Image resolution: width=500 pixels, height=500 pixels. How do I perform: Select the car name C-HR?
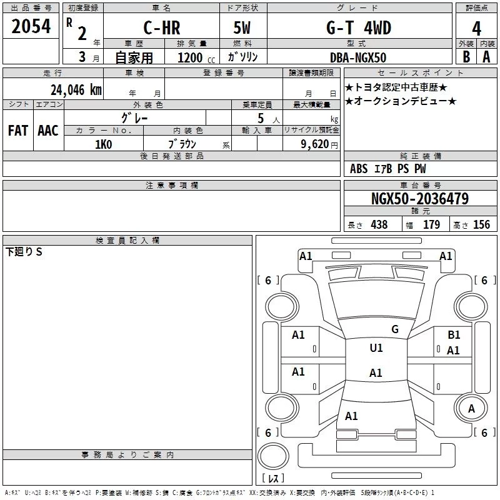coord(161,27)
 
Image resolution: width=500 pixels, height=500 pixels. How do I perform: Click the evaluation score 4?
coord(477,28)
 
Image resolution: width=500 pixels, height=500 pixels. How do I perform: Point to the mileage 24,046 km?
coord(76,89)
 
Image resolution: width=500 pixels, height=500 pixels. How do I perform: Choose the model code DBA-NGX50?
coord(358,57)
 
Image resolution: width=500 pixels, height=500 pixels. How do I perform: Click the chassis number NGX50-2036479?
coord(419,199)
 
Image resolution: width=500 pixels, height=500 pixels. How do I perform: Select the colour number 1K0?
coord(103,144)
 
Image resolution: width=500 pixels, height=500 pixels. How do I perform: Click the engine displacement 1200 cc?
coord(191,57)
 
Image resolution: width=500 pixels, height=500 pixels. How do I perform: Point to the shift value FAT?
coord(17,131)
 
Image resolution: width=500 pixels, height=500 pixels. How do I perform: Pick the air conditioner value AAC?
coord(47,131)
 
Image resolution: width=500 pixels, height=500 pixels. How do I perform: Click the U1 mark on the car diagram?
coord(376,348)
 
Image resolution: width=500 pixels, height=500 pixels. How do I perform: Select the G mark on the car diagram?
coord(394,329)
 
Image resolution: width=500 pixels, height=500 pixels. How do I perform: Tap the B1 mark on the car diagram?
coord(454,335)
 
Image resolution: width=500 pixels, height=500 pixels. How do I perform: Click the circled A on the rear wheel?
coord(472,408)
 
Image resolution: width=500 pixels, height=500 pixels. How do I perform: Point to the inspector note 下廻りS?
coord(24,252)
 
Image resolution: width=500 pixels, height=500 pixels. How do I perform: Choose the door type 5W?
coord(243,27)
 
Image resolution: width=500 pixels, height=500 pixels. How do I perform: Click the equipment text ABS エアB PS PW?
coord(388,169)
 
